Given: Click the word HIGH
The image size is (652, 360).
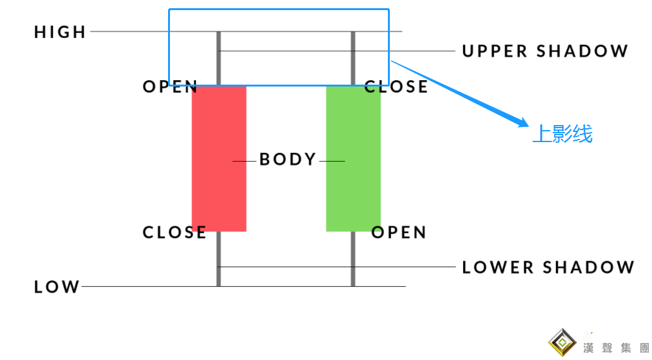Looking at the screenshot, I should click(x=60, y=32).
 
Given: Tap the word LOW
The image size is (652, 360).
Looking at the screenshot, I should click(x=57, y=287).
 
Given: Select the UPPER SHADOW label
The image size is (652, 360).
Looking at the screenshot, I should click(x=545, y=51).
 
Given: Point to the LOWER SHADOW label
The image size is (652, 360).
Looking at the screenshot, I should click(x=548, y=267).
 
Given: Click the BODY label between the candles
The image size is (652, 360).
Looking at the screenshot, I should click(x=288, y=159).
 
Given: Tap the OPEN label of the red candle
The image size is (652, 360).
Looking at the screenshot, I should click(x=170, y=87).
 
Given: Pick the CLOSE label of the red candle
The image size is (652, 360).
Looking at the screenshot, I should click(x=174, y=232).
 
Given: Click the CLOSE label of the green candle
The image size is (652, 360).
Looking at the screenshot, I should click(x=396, y=87).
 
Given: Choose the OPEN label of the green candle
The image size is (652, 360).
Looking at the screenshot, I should click(x=399, y=232).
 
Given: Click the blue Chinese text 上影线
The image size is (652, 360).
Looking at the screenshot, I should click(x=562, y=134).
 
